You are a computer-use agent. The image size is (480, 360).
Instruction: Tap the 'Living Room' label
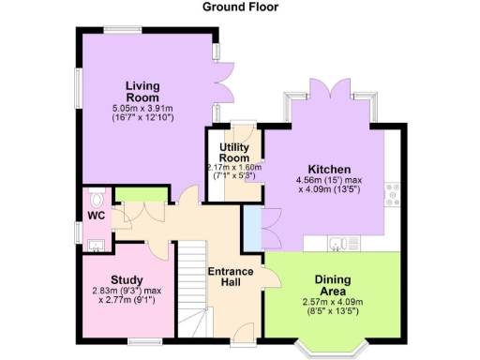click(x=143, y=92)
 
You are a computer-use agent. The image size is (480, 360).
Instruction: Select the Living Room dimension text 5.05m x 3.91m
click(x=143, y=109)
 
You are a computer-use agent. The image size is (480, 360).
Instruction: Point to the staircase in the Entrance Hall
click(x=192, y=281)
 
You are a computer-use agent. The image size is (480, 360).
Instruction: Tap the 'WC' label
click(x=96, y=215)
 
